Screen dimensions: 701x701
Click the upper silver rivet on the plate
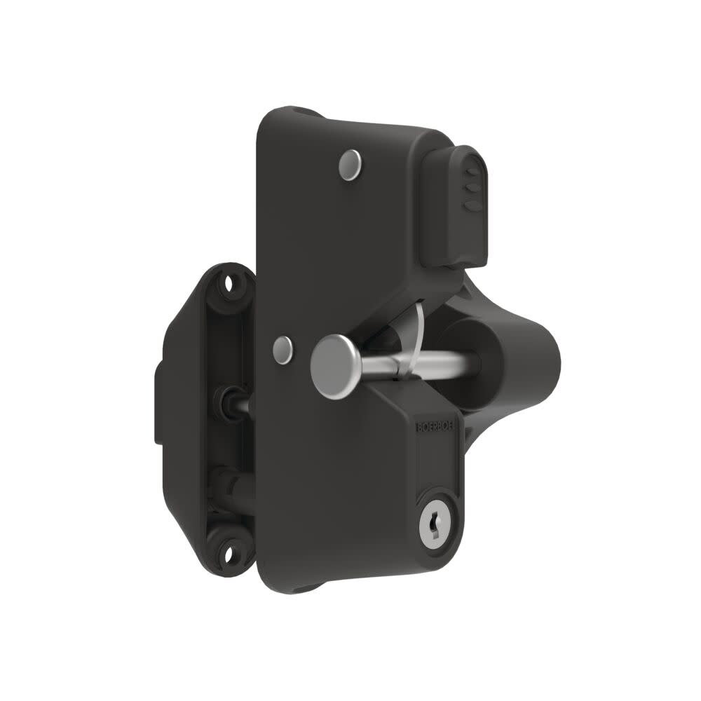click(x=349, y=163)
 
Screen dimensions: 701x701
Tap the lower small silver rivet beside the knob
click(x=283, y=349)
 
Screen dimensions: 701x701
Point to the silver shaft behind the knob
click(x=421, y=362)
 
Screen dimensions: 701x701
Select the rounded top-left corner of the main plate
click(x=270, y=119)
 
